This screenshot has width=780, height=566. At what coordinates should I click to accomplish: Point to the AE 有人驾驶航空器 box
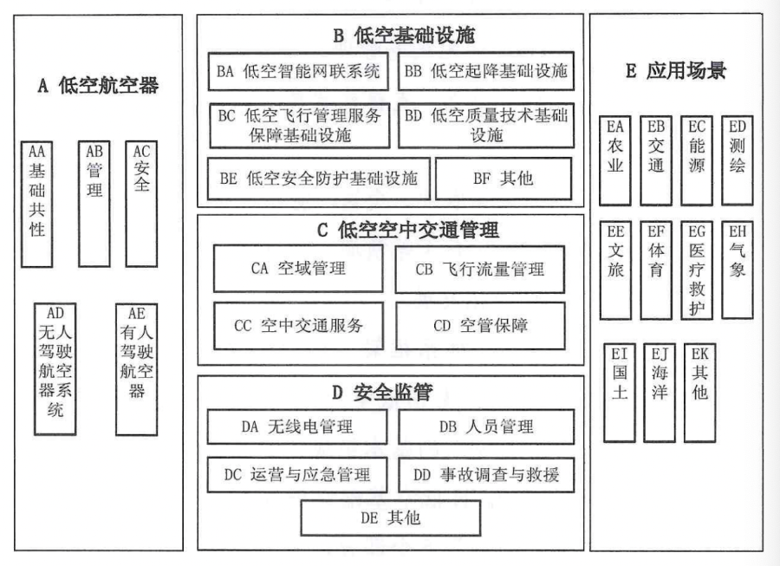click(136, 368)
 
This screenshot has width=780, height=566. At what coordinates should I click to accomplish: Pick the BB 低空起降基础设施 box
click(485, 72)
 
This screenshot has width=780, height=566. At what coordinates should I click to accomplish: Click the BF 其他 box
click(503, 179)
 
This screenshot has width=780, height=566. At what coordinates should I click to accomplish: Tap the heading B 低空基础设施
click(392, 36)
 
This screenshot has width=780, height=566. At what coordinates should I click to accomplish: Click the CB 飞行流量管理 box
click(481, 270)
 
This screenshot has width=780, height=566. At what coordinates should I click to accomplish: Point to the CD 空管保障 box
click(481, 326)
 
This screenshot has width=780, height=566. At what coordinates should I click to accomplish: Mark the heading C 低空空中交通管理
click(393, 230)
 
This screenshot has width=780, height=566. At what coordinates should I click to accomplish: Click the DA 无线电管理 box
click(297, 426)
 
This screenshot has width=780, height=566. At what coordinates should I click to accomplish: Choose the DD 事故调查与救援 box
click(486, 474)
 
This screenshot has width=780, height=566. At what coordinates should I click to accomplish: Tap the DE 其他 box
click(392, 518)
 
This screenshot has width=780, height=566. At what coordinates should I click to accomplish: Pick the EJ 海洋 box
click(659, 392)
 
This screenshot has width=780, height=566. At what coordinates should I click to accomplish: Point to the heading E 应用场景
click(675, 72)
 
